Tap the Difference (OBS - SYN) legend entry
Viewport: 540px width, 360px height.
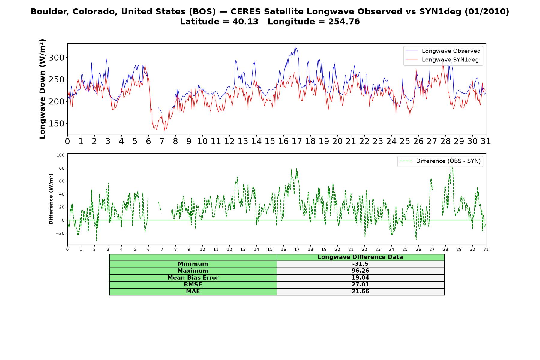point(440,161)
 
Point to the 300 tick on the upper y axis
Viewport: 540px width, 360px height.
point(57,58)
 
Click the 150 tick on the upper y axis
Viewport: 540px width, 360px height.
point(57,124)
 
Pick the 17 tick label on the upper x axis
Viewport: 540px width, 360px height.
point(297,141)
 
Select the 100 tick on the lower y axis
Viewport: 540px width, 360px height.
point(61,155)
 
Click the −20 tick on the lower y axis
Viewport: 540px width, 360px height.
point(60,233)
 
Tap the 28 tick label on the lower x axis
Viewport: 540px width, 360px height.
point(445,249)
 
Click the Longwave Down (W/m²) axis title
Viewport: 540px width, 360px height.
point(43,89)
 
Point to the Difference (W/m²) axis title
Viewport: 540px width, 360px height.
point(51,199)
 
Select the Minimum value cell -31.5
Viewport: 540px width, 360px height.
point(360,264)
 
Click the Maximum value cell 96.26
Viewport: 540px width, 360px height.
point(360,271)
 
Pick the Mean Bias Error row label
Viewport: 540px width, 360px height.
point(193,278)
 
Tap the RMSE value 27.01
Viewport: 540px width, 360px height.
point(360,285)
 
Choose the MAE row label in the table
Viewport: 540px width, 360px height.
point(193,292)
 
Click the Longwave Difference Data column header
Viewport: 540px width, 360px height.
point(360,257)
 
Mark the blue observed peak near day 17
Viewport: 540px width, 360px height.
point(295,47)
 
